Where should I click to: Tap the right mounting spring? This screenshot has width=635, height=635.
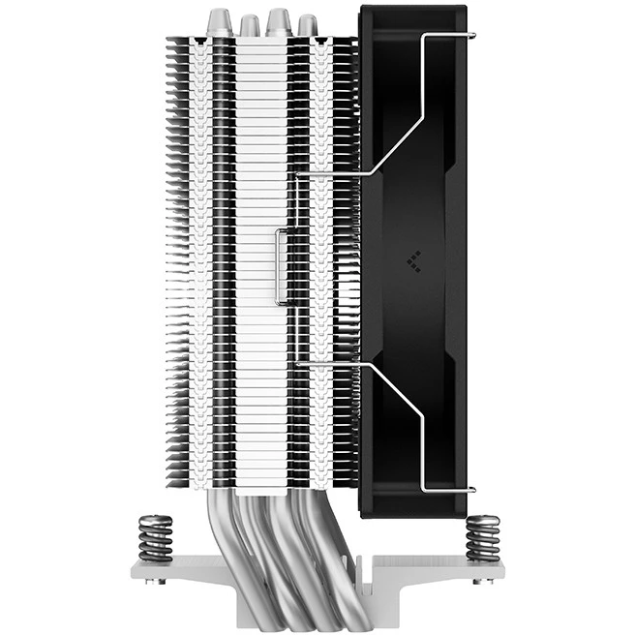pyautogui.click(x=481, y=537)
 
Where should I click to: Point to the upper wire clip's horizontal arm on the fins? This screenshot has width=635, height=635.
pyautogui.click(x=329, y=175)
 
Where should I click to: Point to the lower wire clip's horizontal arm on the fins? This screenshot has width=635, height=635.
pyautogui.click(x=329, y=364)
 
